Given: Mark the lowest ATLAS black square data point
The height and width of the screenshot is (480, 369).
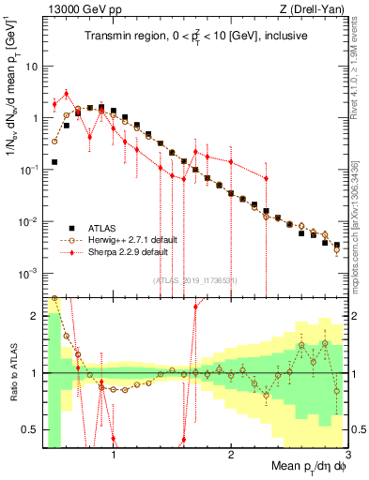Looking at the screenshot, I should click(337, 245).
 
